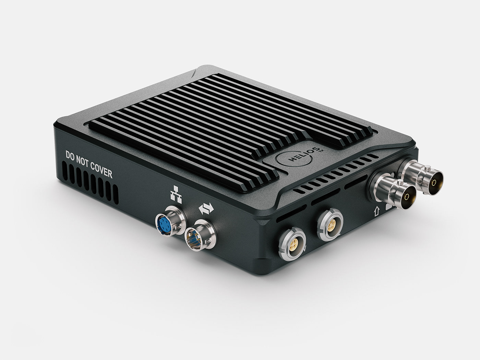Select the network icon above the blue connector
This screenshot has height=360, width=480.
tap(175, 193)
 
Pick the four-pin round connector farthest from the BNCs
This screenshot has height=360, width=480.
tap(292, 244)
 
